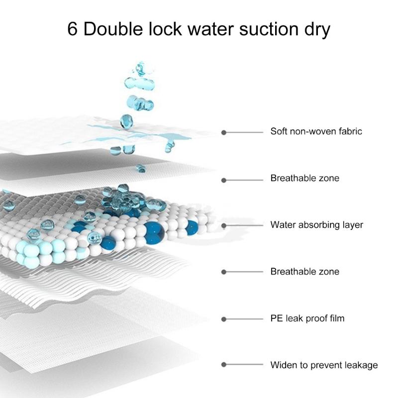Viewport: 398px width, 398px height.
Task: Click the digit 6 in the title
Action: (72, 29)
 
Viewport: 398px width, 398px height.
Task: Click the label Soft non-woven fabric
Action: (316, 131)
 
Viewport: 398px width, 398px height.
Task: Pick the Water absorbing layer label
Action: (317, 225)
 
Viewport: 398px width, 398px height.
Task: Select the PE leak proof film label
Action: (307, 318)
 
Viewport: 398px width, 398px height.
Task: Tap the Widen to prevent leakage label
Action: (324, 365)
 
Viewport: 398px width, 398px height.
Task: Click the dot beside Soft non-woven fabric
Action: (223, 132)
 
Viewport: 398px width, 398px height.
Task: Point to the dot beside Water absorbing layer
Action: (223, 226)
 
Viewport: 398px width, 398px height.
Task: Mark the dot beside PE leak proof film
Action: (223, 319)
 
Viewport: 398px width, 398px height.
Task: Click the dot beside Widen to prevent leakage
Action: (223, 365)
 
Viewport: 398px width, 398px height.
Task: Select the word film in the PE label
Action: (337, 318)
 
